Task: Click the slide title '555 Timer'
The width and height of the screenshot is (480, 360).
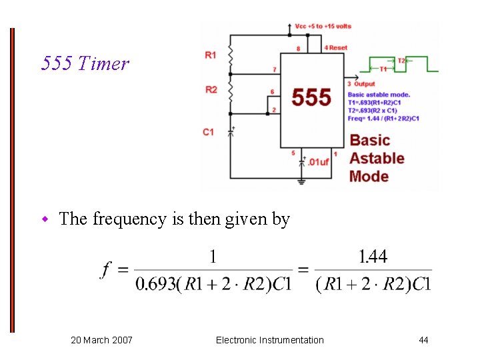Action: click(x=85, y=64)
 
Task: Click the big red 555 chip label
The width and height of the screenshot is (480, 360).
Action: click(x=311, y=97)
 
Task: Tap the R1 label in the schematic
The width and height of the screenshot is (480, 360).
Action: click(x=211, y=55)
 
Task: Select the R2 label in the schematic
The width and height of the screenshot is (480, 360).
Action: click(x=211, y=90)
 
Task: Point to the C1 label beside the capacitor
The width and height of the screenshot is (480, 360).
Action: click(x=209, y=132)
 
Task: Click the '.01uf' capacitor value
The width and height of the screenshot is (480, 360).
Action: click(x=319, y=162)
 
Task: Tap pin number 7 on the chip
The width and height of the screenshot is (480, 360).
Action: click(x=275, y=69)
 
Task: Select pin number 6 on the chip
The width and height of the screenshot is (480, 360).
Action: click(x=272, y=91)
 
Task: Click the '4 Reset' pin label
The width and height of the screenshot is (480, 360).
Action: click(x=336, y=48)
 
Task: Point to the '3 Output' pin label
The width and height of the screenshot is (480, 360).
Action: click(x=361, y=84)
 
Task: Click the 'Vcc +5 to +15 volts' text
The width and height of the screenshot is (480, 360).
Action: click(x=323, y=27)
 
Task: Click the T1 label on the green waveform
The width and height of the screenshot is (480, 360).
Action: click(x=383, y=69)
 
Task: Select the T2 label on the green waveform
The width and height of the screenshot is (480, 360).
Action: click(x=401, y=61)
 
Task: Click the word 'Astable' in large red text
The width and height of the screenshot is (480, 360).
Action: click(x=377, y=158)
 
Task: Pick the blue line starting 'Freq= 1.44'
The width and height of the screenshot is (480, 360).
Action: click(x=383, y=119)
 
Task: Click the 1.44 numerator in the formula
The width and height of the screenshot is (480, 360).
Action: click(x=373, y=257)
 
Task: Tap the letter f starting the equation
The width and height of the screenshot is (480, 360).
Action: click(x=106, y=270)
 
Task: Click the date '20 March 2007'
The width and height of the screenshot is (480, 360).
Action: click(x=101, y=341)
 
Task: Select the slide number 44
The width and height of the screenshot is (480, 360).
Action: click(x=423, y=341)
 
